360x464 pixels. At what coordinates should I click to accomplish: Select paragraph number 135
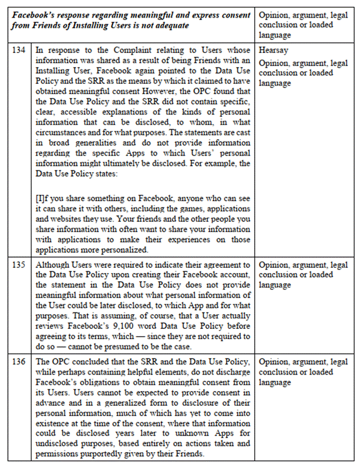[18, 265]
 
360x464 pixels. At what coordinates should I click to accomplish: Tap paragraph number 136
[18, 363]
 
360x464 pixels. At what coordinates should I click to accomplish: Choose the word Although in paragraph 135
[54, 265]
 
